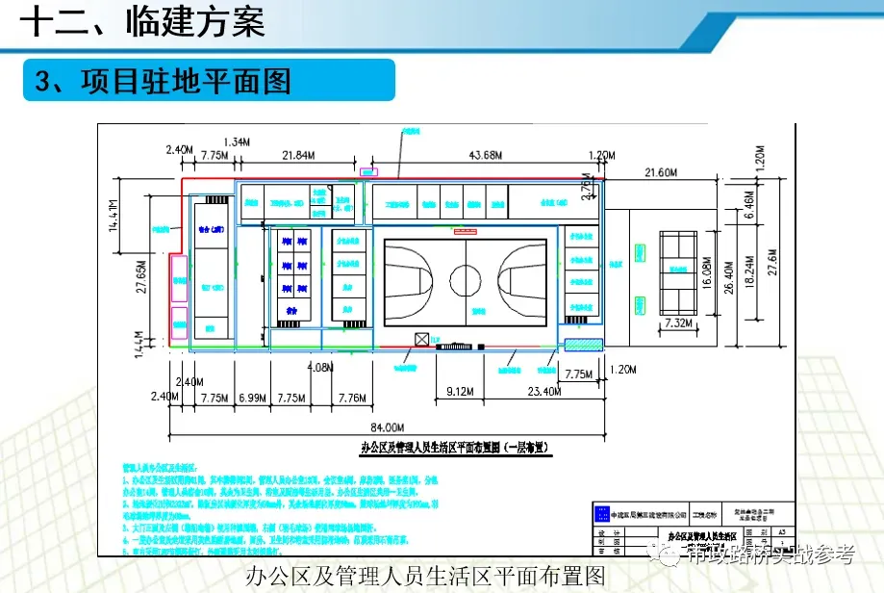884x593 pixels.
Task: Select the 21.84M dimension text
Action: [296, 155]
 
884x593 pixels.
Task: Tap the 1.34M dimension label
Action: [236, 142]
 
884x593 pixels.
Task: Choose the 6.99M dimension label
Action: [251, 397]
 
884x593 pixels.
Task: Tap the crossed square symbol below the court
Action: [421, 339]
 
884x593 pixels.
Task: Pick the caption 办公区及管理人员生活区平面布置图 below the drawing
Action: [426, 576]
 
